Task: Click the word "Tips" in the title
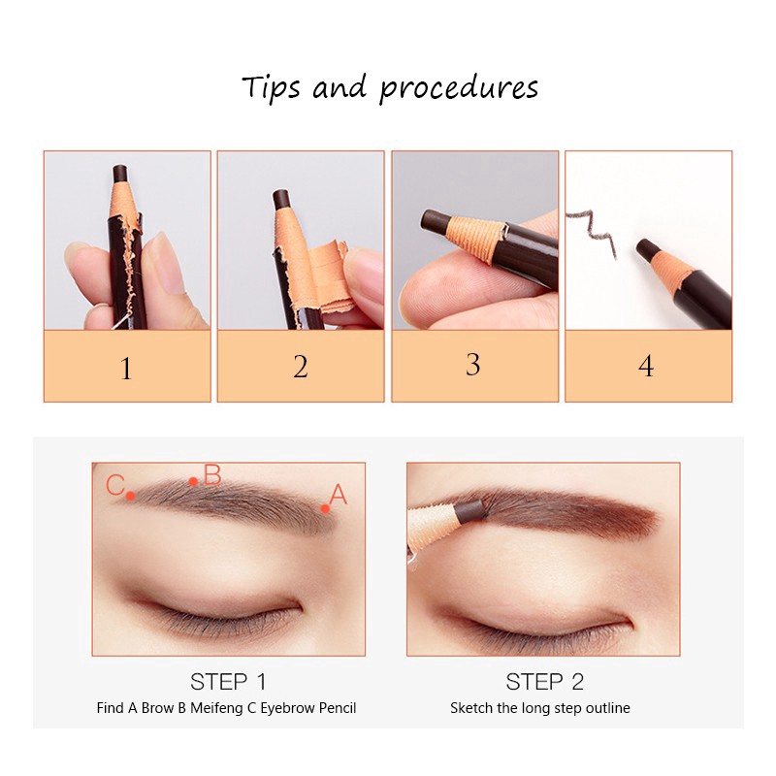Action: click(273, 87)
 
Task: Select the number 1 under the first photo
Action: click(126, 369)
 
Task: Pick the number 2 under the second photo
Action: click(301, 367)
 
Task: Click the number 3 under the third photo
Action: click(473, 365)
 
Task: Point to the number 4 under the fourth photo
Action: click(646, 367)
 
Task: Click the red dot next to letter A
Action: click(325, 506)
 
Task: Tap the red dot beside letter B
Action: click(194, 481)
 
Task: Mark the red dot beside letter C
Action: click(131, 496)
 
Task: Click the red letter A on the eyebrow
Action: click(338, 495)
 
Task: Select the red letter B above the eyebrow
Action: click(212, 475)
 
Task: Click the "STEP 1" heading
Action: click(228, 681)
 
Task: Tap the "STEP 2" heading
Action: click(544, 681)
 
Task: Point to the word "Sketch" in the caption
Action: click(470, 708)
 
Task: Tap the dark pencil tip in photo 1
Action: click(120, 174)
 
